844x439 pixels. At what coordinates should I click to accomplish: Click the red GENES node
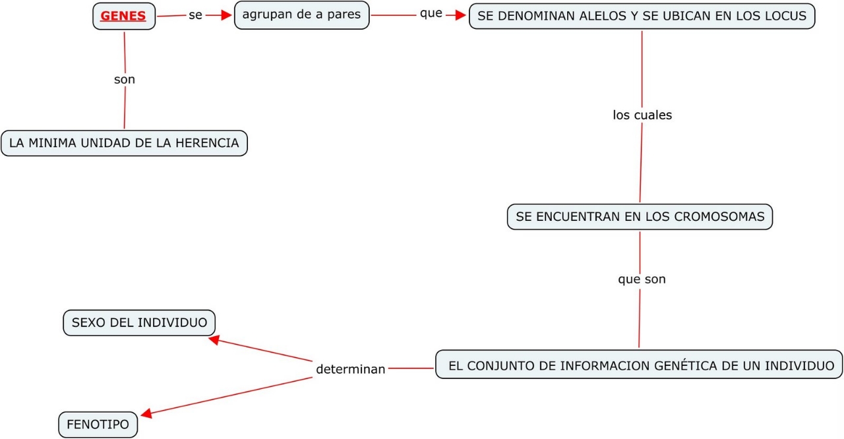pyautogui.click(x=123, y=16)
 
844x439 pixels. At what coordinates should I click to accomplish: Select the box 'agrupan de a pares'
pyautogui.click(x=301, y=15)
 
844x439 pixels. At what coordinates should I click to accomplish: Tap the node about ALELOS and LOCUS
pyautogui.click(x=642, y=16)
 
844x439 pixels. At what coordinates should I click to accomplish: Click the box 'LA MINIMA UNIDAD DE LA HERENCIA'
pyautogui.click(x=124, y=142)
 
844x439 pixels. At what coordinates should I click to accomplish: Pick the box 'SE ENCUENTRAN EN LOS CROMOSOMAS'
pyautogui.click(x=640, y=216)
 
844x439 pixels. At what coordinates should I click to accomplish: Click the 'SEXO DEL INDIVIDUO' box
pyautogui.click(x=139, y=322)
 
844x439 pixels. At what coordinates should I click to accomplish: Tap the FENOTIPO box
pyautogui.click(x=98, y=424)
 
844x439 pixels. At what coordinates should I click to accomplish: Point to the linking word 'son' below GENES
pyautogui.click(x=125, y=79)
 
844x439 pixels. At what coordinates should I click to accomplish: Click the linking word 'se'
pyautogui.click(x=195, y=15)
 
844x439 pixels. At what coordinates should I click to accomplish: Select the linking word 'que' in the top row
pyautogui.click(x=431, y=13)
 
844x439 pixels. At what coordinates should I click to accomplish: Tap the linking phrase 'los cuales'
pyautogui.click(x=642, y=115)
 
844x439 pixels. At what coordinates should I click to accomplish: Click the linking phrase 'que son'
pyautogui.click(x=642, y=279)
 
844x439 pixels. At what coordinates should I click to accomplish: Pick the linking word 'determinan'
pyautogui.click(x=350, y=369)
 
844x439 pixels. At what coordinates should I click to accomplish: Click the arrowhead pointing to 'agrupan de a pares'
pyautogui.click(x=227, y=15)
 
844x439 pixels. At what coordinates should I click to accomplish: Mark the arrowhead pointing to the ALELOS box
pyautogui.click(x=461, y=15)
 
